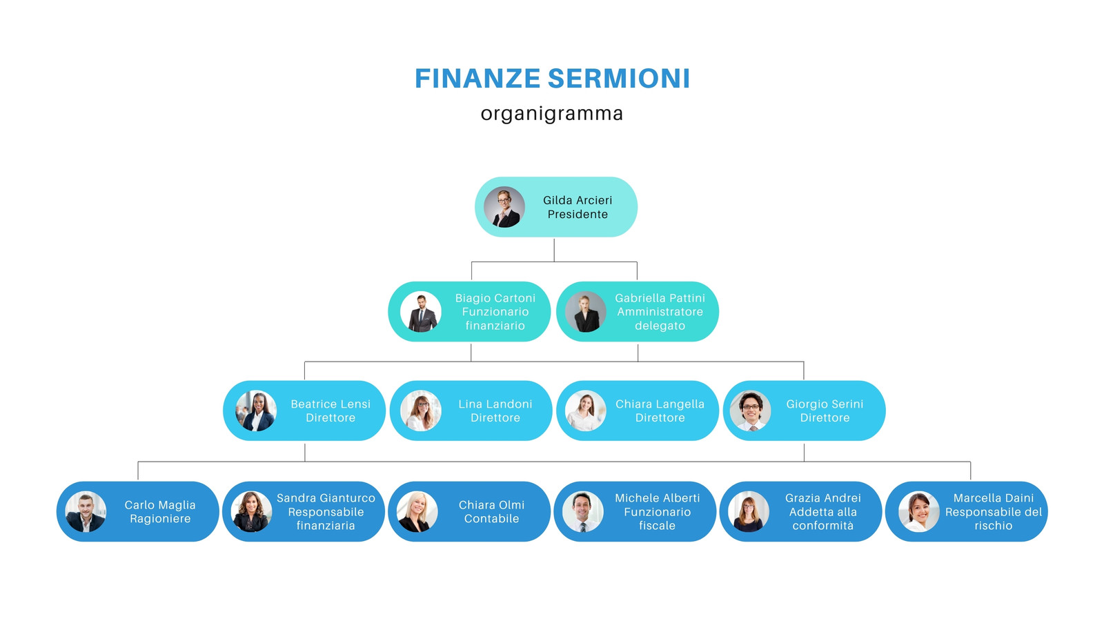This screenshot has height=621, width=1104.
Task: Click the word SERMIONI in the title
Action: [618, 79]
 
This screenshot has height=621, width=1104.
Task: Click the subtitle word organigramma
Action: [552, 114]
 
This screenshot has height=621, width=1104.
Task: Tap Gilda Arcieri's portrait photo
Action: [504, 207]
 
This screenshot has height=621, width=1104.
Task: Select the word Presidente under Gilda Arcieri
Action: [578, 215]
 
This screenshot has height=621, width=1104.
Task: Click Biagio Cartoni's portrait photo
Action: [420, 311]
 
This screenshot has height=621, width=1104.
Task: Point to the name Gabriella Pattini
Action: [660, 298]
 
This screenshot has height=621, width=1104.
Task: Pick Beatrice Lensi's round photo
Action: [256, 411]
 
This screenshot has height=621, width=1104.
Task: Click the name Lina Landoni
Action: [495, 404]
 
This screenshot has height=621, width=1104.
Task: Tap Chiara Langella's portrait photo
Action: [585, 411]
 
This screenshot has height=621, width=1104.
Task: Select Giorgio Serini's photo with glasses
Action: [751, 411]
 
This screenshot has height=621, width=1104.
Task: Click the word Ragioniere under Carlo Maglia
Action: [160, 519]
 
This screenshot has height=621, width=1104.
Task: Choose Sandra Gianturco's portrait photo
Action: [251, 511]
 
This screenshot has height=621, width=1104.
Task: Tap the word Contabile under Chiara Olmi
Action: [491, 518]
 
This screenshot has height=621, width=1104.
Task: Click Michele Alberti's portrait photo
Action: [582, 511]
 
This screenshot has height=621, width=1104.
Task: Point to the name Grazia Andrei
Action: [823, 498]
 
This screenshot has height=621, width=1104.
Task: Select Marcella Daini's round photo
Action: [918, 511]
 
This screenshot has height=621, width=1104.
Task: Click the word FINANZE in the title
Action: [477, 79]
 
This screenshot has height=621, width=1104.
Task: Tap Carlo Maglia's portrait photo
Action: [86, 511]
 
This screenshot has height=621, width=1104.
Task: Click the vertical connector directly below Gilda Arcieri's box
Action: [554, 250]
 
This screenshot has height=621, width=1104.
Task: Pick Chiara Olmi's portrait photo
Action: [417, 511]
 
